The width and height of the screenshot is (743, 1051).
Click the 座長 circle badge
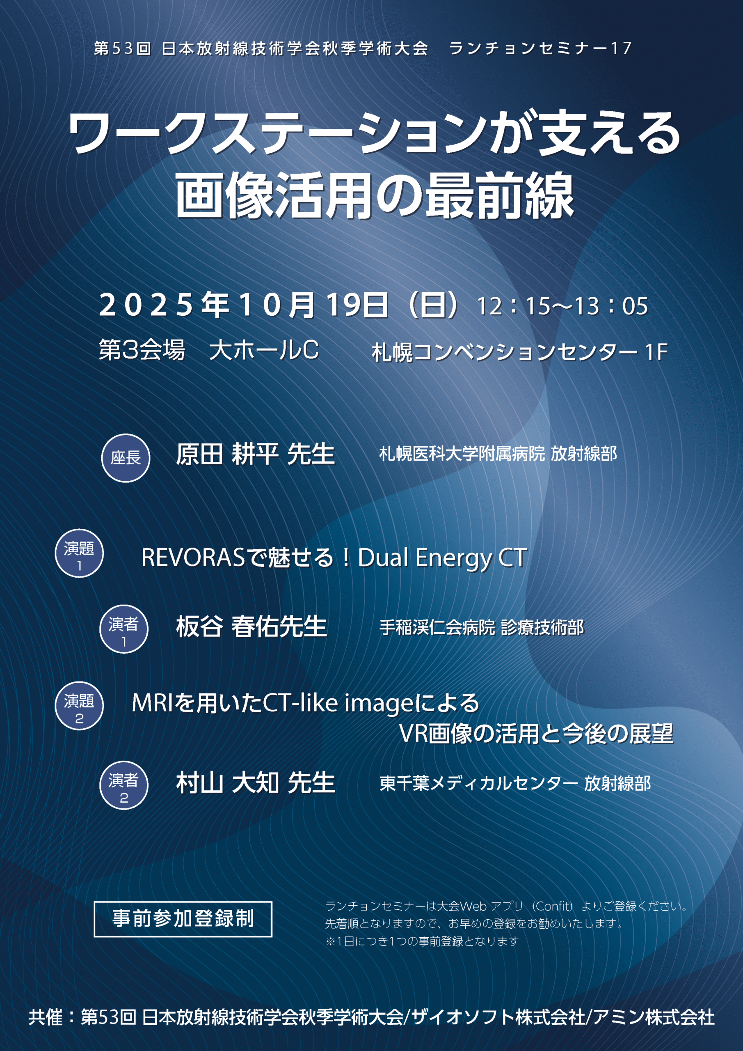tap(126, 458)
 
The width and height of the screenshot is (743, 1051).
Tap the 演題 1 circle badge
tap(79, 553)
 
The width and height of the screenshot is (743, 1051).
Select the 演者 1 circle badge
tap(123, 629)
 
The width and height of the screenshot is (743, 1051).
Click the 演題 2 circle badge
tap(79, 705)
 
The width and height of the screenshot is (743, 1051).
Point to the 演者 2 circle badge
tap(123, 785)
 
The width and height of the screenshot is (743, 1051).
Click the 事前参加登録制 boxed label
tap(183, 919)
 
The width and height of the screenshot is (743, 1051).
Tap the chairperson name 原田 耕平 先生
tap(255, 454)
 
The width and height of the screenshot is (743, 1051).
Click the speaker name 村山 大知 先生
tap(255, 783)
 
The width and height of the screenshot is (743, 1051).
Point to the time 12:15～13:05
tap(562, 306)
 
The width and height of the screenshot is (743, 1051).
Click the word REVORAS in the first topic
tap(194, 558)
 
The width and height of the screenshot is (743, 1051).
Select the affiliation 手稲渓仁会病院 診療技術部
tap(481, 628)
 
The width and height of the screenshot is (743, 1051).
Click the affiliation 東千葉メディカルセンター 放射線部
tap(515, 783)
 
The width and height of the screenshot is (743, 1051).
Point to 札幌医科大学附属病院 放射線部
tap(498, 454)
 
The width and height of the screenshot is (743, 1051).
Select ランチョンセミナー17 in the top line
tap(540, 48)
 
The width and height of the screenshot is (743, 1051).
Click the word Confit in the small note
tap(553, 906)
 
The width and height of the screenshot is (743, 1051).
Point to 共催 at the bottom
tap(45, 1017)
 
